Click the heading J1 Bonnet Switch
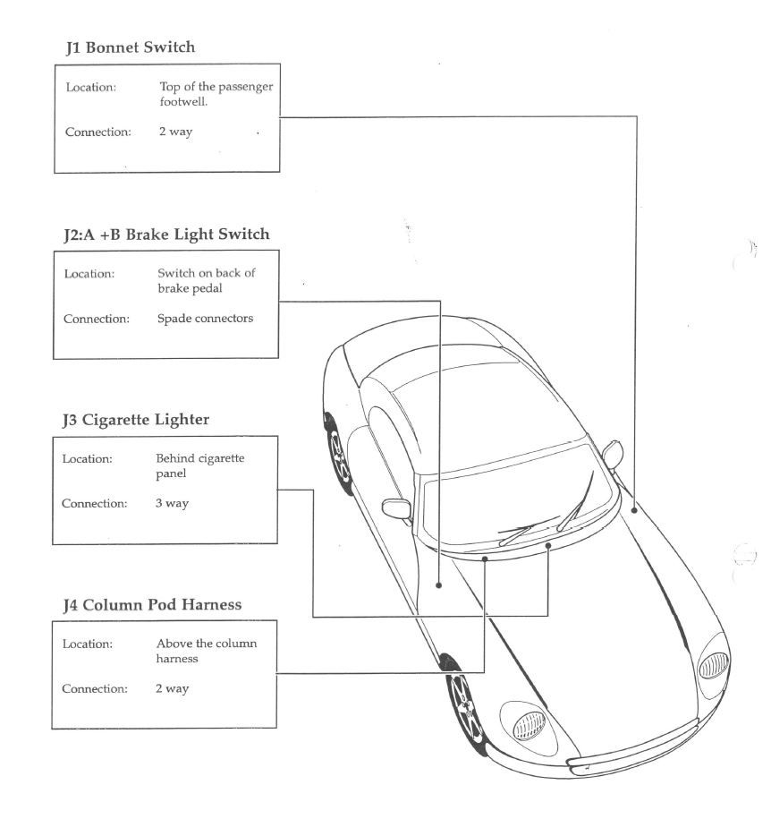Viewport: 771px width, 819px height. point(130,47)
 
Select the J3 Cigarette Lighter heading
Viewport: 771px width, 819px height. point(136,418)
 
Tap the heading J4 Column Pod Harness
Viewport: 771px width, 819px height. point(151,604)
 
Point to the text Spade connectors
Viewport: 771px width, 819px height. point(205,318)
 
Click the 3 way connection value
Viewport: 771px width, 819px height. point(172,503)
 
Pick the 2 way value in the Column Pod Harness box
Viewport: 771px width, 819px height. point(173,688)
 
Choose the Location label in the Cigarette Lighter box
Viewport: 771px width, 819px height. point(87,458)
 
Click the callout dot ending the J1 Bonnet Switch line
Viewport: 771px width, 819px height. point(634,508)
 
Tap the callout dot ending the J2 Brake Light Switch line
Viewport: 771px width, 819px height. point(439,585)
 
